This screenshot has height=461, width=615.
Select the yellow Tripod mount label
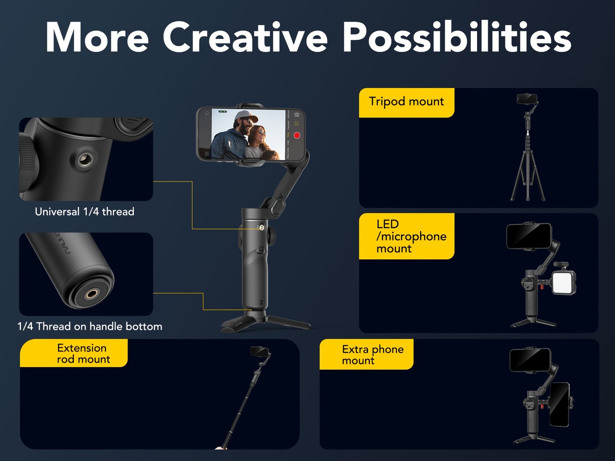point(406,102)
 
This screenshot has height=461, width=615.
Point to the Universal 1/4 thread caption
point(85,212)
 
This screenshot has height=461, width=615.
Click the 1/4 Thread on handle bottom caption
point(90,327)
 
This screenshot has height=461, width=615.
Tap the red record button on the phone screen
point(297,135)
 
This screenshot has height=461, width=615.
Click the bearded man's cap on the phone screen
point(246,116)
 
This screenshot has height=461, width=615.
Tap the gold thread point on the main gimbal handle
point(262,227)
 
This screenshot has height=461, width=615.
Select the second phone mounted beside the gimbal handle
point(560,404)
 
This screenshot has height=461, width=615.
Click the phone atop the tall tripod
point(527,99)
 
